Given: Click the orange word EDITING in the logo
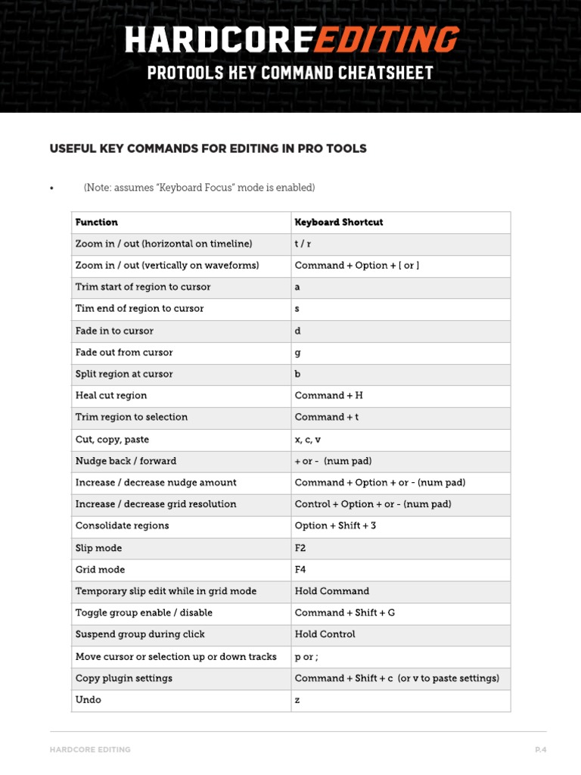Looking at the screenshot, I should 386,39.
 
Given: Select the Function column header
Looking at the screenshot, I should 97,223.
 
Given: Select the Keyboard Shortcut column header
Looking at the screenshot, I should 339,223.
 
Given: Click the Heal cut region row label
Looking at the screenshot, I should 111,396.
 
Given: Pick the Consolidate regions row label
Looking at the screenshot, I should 123,526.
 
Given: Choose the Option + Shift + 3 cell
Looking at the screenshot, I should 335,526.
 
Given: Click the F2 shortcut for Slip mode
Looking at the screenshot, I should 300,548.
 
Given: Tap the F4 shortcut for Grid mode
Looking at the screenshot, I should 300,570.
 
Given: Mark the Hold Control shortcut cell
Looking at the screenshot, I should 325,634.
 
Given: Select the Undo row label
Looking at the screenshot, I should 89,700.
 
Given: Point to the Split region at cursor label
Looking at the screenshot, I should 124,375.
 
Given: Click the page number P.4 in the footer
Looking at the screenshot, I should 540,750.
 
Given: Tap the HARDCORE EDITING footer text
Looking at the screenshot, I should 90,750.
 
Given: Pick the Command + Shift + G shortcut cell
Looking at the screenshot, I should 345,613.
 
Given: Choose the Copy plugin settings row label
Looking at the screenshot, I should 124,678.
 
